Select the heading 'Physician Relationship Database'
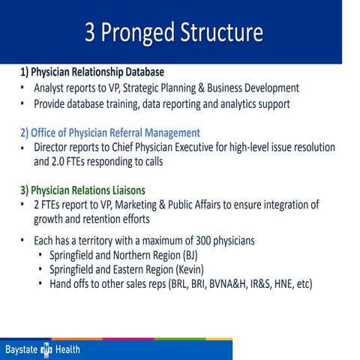[x=100, y=73]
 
